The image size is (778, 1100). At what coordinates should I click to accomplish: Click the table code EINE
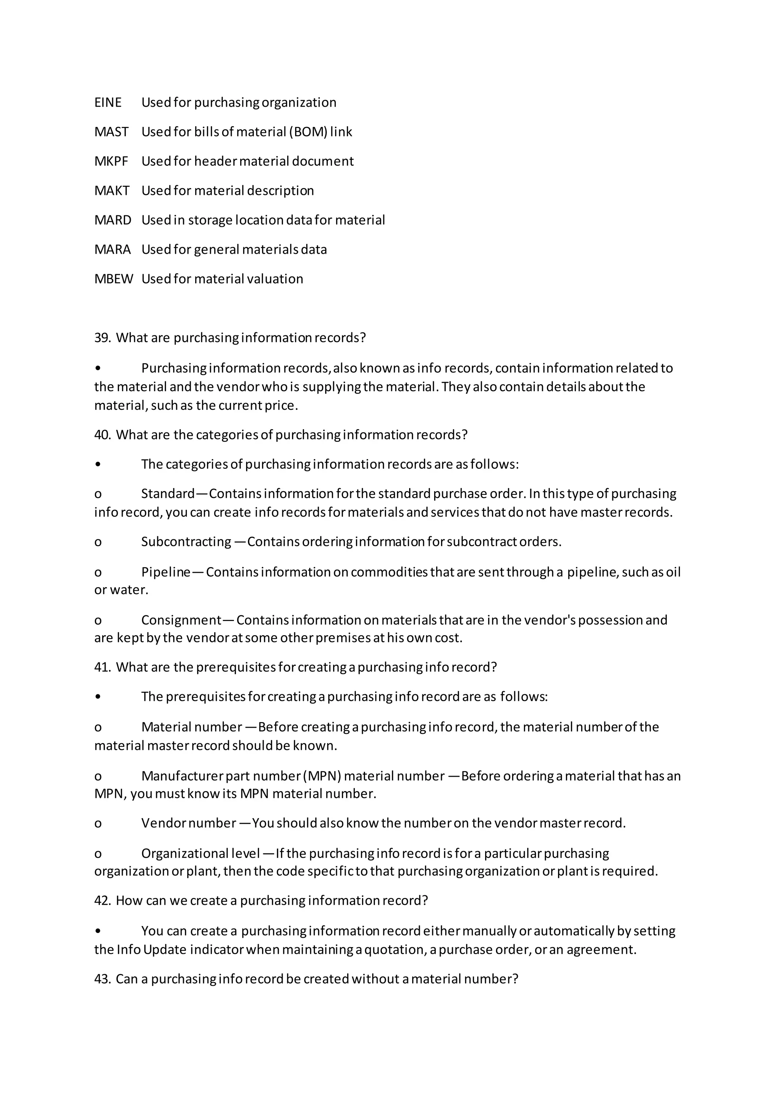(x=108, y=103)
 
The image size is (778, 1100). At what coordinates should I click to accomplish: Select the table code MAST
(x=111, y=132)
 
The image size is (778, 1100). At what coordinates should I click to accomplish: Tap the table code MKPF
(x=111, y=161)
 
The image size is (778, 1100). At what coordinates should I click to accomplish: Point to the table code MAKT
(x=112, y=191)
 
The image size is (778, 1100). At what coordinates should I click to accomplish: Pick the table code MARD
(x=112, y=220)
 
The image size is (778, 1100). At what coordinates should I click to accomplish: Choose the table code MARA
(x=112, y=250)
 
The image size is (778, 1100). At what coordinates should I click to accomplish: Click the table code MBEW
(x=114, y=279)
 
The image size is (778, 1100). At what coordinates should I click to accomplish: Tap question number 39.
(x=102, y=338)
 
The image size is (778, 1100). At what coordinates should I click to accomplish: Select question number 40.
(x=102, y=435)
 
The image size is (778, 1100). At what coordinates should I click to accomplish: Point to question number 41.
(x=102, y=667)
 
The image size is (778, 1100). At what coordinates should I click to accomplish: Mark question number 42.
(x=102, y=901)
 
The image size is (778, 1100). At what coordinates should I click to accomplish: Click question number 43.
(x=102, y=979)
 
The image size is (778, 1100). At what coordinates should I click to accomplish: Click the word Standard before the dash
(x=168, y=494)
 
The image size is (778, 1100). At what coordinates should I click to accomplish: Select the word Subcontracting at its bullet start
(x=186, y=542)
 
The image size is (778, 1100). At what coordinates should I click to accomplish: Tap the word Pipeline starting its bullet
(x=166, y=572)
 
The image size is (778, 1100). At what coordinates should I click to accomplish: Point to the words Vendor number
(x=188, y=823)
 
